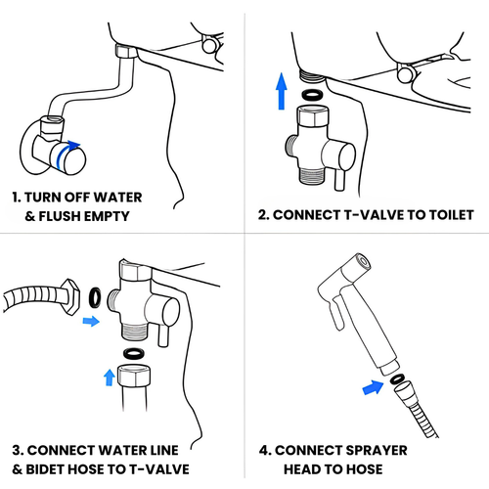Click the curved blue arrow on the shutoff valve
point(62,150)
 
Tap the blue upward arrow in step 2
point(282,91)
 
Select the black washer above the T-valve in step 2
point(312,95)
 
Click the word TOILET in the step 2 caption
point(451,215)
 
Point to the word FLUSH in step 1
point(58,216)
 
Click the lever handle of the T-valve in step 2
point(339,180)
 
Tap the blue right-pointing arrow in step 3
point(91,321)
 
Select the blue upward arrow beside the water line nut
point(110,378)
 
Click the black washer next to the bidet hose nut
point(95,297)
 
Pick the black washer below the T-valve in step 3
point(134,353)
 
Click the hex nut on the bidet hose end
point(70,296)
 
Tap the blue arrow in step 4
point(374,387)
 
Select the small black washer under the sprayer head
point(397,378)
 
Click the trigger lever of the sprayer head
point(336,313)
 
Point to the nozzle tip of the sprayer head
point(363,262)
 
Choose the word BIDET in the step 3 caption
point(42,469)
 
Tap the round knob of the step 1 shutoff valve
point(72,160)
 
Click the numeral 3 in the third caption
point(17,451)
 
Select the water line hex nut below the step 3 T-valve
point(134,376)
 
